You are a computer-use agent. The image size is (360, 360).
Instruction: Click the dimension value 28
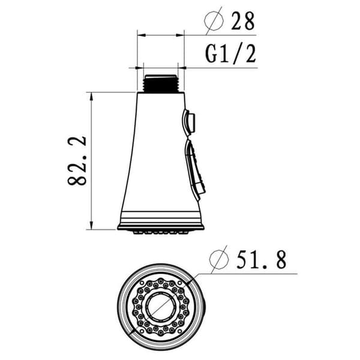point(243,21)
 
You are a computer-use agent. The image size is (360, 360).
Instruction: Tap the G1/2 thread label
point(230,54)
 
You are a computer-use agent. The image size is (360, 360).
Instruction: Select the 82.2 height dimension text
point(77,161)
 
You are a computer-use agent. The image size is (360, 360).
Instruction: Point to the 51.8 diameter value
point(262,260)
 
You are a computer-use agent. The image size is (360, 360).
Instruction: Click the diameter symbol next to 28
point(214,20)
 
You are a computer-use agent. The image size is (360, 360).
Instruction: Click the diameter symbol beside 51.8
point(219,259)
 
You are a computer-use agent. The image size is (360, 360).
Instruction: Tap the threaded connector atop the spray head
point(161,83)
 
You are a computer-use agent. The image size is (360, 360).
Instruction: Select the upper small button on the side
point(189,122)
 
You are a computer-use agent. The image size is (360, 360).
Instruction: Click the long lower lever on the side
point(194,169)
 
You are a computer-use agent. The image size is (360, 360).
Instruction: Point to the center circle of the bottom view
point(161,307)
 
